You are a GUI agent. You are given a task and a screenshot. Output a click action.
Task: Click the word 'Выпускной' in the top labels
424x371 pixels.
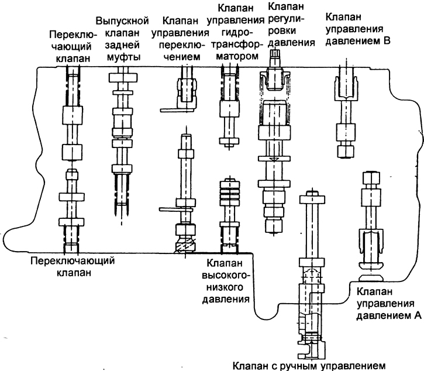click(123, 20)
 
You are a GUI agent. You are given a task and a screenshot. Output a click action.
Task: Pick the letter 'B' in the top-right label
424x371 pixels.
click(386, 40)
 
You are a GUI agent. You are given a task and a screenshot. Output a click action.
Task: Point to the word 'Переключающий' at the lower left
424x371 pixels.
click(64, 260)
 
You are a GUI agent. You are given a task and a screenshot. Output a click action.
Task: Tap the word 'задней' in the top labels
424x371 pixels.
click(123, 44)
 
